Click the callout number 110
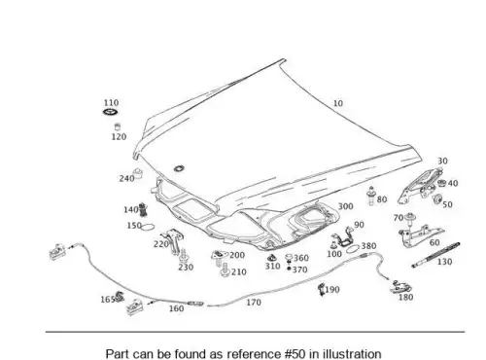pyautogui.click(x=111, y=103)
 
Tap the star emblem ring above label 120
pyautogui.click(x=111, y=112)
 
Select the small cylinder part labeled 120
pyautogui.click(x=118, y=126)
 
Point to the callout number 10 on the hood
pyautogui.click(x=338, y=103)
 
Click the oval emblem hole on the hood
pyautogui.click(x=179, y=168)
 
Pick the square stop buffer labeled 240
pyautogui.click(x=139, y=173)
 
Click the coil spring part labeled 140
pyautogui.click(x=143, y=209)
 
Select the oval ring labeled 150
pyautogui.click(x=148, y=227)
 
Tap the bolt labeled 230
pyautogui.click(x=184, y=256)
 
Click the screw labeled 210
pyautogui.click(x=225, y=270)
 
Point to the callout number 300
pyautogui.click(x=345, y=206)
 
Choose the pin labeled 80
pyautogui.click(x=371, y=196)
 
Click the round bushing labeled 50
pyautogui.click(x=437, y=199)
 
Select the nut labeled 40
pyautogui.click(x=441, y=183)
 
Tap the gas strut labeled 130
pyautogui.click(x=435, y=255)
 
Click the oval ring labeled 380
pyautogui.click(x=353, y=249)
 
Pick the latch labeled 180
pyautogui.click(x=400, y=287)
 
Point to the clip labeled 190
pyautogui.click(x=322, y=289)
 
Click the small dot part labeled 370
pyautogui.click(x=289, y=269)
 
